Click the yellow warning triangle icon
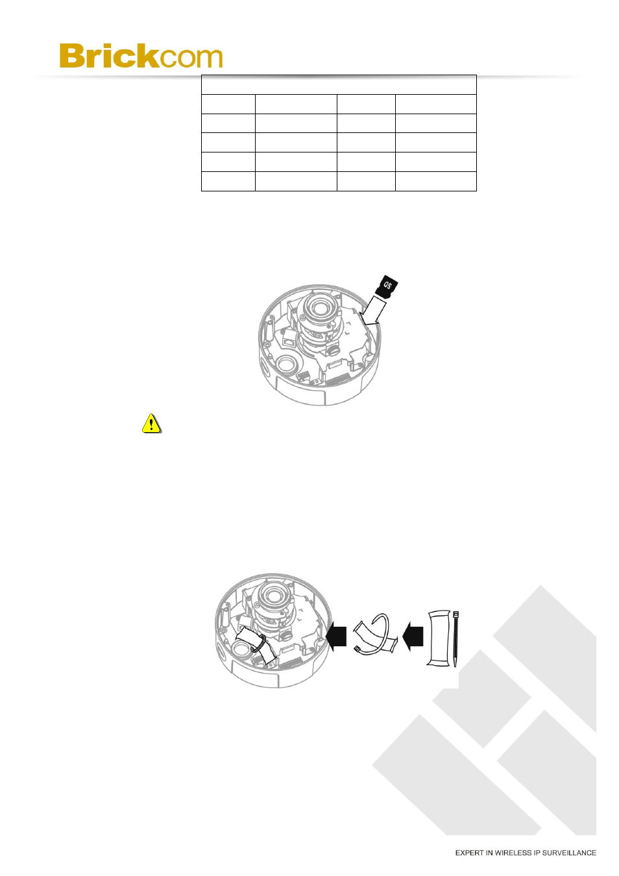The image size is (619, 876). click(x=151, y=424)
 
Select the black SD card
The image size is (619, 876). click(x=387, y=286)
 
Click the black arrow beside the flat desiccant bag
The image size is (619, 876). click(x=413, y=635)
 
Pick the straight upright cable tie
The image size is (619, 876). click(x=456, y=638)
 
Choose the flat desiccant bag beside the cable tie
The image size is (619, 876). click(x=438, y=638)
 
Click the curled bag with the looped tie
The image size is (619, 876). click(x=375, y=634)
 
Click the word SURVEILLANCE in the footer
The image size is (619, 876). click(x=569, y=853)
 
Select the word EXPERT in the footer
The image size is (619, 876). click(x=469, y=853)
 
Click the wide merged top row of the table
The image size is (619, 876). click(x=339, y=85)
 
